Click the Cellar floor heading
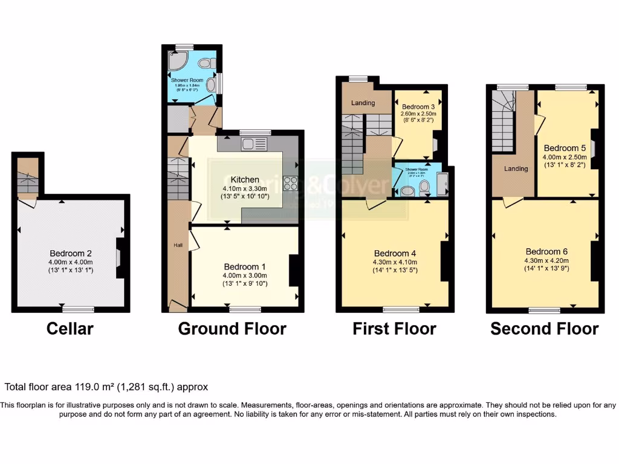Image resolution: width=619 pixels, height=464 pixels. coord(70,329)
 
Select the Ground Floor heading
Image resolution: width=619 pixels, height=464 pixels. coord(232,329)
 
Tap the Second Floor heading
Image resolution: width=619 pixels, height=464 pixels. coord(544,329)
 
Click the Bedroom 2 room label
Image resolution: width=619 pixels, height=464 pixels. coord(71,254)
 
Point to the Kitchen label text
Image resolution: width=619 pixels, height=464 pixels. coord(245,179)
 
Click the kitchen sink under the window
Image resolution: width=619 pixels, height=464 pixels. coord(253,144)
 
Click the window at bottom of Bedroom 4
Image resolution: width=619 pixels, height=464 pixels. coord(400,309)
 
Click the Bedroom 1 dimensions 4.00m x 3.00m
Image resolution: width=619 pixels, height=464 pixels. coord(245,275)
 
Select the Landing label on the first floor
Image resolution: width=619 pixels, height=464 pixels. coord(363,103)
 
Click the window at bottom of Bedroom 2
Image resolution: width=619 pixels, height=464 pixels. coord(77,309)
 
